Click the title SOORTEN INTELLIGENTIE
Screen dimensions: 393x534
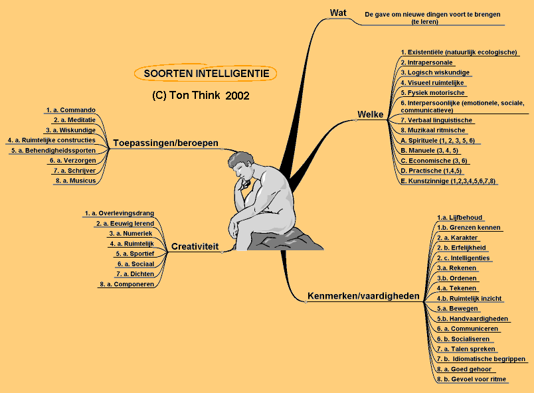pyautogui.click(x=206, y=74)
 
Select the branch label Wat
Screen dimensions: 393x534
pyautogui.click(x=337, y=13)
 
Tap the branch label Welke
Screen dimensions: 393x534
pyautogui.click(x=371, y=115)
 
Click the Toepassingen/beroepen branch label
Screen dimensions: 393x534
pyautogui.click(x=165, y=143)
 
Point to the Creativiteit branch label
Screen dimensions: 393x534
pyautogui.click(x=195, y=247)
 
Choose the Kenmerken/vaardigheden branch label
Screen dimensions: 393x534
pyautogui.click(x=364, y=295)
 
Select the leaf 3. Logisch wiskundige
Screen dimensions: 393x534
pyautogui.click(x=435, y=72)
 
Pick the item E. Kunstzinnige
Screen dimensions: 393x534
pyautogui.click(x=448, y=181)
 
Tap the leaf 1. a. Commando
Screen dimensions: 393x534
pyautogui.click(x=70, y=110)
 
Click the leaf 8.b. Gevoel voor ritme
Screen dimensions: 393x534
pyautogui.click(x=471, y=379)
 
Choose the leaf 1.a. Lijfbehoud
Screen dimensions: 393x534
pyautogui.click(x=460, y=217)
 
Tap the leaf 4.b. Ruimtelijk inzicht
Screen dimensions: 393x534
pyautogui.click(x=469, y=298)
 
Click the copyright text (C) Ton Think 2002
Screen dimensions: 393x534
pyautogui.click(x=200, y=95)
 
